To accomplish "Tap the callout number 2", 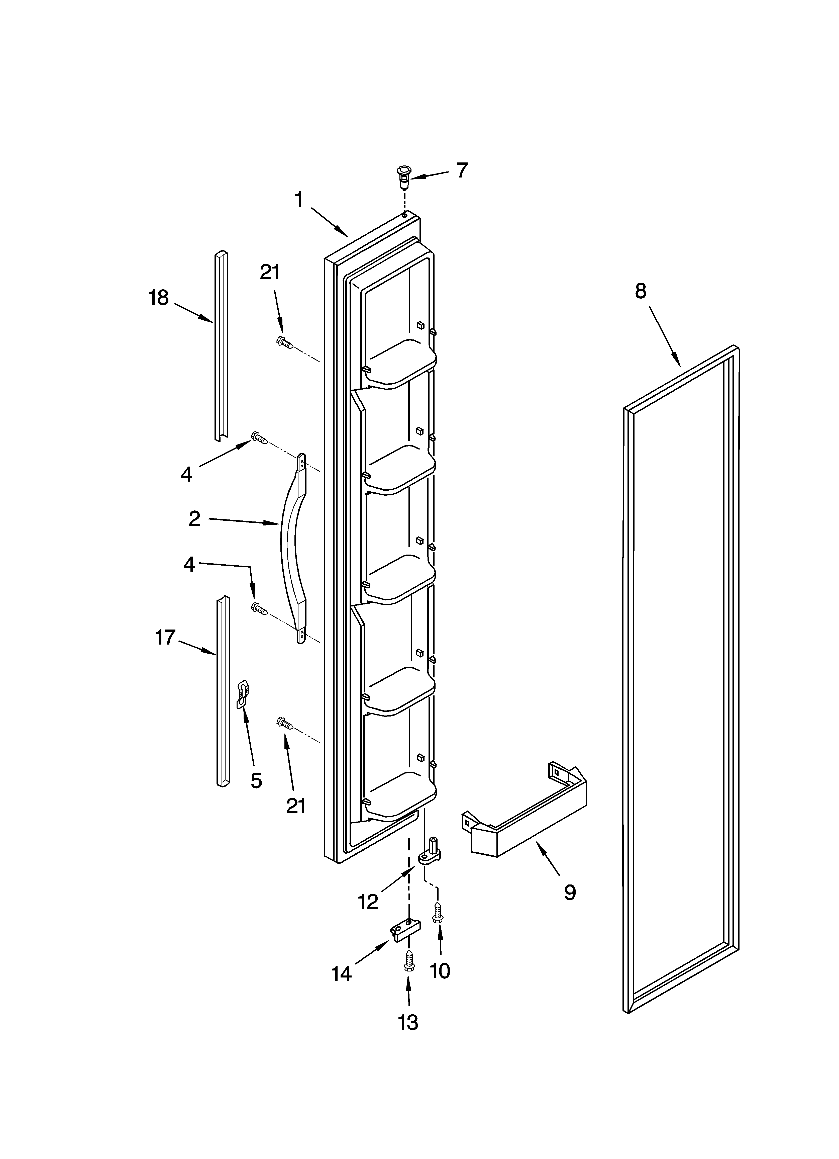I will click(194, 519).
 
